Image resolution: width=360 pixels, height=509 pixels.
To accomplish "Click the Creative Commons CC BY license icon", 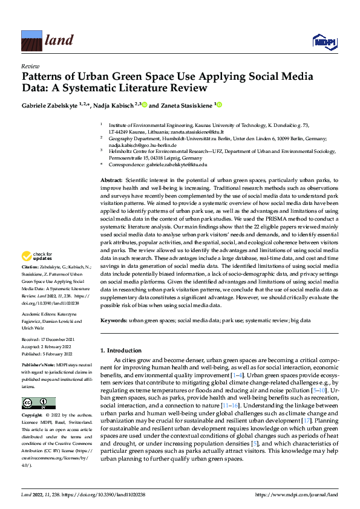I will (38, 403).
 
